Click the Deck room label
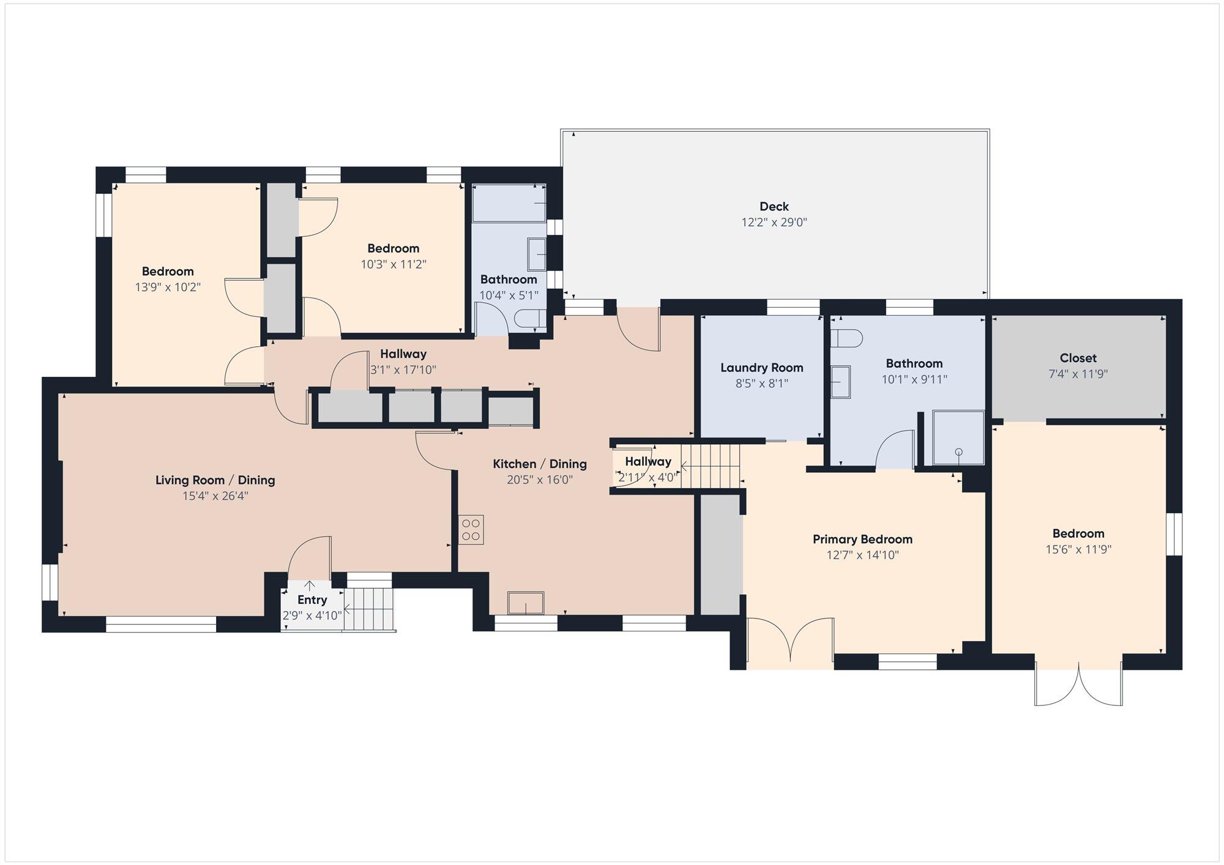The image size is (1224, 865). coord(774,206)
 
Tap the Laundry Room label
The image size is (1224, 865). coord(761,368)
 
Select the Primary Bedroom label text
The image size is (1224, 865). coord(862,539)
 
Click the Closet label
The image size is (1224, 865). coord(1078,358)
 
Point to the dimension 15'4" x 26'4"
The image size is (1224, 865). coord(215,496)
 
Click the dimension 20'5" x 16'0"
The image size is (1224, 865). coord(540,480)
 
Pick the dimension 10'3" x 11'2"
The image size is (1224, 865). coord(394,264)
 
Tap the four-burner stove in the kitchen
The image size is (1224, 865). coord(471,530)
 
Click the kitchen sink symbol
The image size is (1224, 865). coord(526,603)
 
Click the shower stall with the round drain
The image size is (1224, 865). coord(958,438)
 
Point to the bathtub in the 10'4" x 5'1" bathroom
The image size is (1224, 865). coord(509,202)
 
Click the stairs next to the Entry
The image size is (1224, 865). coord(368,609)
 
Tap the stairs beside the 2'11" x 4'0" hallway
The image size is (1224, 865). coord(711,466)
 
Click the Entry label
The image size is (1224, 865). coord(312,600)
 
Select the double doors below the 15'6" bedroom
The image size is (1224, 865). coord(1078,685)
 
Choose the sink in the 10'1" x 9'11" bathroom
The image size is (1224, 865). coord(841,382)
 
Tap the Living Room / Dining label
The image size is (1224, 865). coord(215,480)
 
